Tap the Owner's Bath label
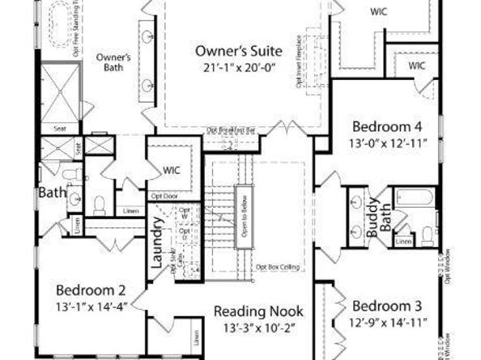click(x=113, y=62)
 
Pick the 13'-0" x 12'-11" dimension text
click(x=386, y=143)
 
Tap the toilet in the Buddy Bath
click(x=428, y=235)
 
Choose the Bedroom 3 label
click(x=388, y=306)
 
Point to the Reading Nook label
click(x=258, y=311)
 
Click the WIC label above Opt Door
click(x=171, y=172)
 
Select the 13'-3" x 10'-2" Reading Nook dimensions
click(x=258, y=328)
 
